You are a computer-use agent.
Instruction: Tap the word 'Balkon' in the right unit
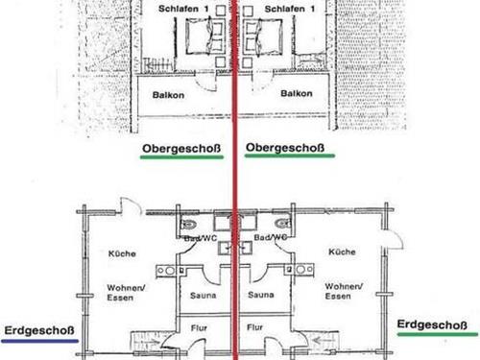point(295,95)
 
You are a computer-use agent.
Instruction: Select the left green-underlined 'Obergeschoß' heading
point(180,148)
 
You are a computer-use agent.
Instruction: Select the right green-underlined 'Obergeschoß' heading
point(285,148)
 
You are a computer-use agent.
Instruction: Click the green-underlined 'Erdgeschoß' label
point(437,324)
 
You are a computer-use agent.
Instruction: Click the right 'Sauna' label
point(261,296)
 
